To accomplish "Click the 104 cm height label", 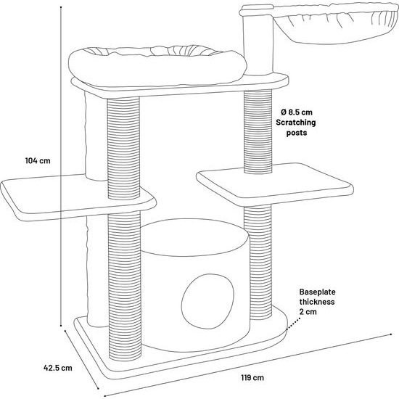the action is (x=38, y=160).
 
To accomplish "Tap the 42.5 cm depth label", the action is (x=58, y=368).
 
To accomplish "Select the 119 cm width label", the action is (x=252, y=377).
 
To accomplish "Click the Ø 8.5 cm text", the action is (x=297, y=112).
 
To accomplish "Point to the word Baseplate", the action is (x=317, y=292).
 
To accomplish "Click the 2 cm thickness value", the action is (x=308, y=312).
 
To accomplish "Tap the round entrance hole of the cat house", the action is (x=207, y=301).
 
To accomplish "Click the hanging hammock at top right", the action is (x=335, y=24).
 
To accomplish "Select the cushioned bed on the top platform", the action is (x=157, y=65).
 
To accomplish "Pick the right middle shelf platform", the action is (x=275, y=184).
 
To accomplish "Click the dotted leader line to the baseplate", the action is (x=293, y=324).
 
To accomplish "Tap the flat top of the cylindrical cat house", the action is (x=194, y=237).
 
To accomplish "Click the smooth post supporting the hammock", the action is (x=258, y=44).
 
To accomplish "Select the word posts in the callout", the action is (x=297, y=133).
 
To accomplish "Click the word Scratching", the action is (x=296, y=123).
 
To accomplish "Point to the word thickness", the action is (x=317, y=302).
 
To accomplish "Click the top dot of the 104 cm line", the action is (x=61, y=7).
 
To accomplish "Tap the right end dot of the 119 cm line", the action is (x=391, y=334).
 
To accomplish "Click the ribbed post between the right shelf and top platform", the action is (x=258, y=132).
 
